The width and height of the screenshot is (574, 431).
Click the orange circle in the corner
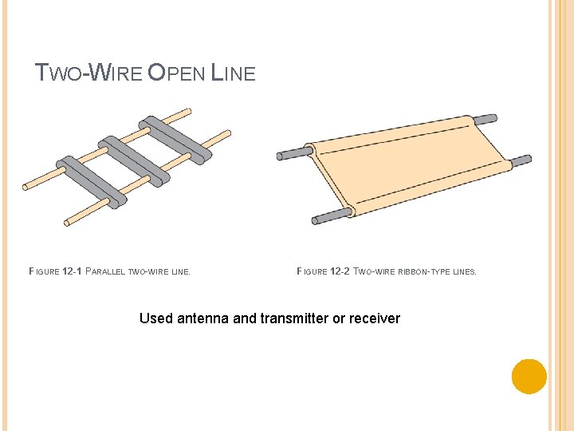pos(529,376)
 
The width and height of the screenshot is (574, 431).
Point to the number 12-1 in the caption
pos(72,272)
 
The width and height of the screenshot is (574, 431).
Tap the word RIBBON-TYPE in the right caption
pos(423,272)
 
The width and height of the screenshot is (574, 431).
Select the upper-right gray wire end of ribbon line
pos(485,120)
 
